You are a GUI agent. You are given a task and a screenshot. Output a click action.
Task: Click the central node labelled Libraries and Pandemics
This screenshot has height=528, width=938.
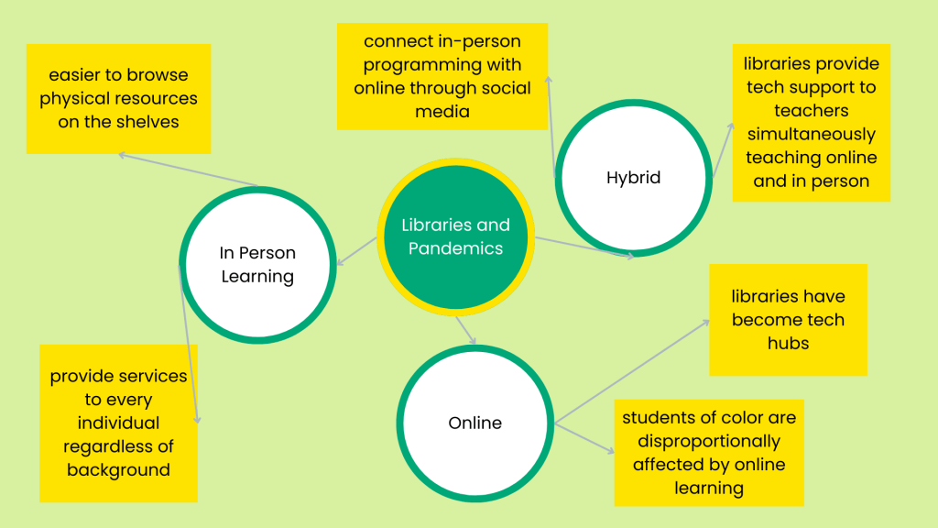(455, 236)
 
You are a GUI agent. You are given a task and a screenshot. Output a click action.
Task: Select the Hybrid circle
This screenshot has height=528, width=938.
(633, 178)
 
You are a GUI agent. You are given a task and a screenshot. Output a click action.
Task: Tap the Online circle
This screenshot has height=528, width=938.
(474, 423)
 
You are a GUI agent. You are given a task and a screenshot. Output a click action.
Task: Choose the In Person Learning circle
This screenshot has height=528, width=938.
(257, 264)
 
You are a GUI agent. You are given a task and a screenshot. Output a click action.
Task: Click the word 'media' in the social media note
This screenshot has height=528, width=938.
(442, 112)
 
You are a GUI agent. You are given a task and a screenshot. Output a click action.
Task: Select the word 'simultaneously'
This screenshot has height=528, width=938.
(811, 134)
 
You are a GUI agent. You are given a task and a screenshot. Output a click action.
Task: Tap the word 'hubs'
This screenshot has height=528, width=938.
(788, 343)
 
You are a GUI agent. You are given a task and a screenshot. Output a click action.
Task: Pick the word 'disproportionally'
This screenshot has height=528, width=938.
(708, 441)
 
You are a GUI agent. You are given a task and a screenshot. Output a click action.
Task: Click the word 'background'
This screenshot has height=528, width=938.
(118, 469)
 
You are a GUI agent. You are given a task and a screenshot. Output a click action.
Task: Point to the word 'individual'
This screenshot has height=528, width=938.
(118, 423)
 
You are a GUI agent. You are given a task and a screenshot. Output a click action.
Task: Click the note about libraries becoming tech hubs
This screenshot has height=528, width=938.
(788, 320)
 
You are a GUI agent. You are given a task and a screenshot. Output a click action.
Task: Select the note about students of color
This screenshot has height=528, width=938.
(708, 452)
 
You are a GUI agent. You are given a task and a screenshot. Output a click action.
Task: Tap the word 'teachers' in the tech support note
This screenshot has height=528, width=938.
(811, 110)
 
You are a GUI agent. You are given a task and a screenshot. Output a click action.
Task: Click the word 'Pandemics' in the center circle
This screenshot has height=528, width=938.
(455, 248)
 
